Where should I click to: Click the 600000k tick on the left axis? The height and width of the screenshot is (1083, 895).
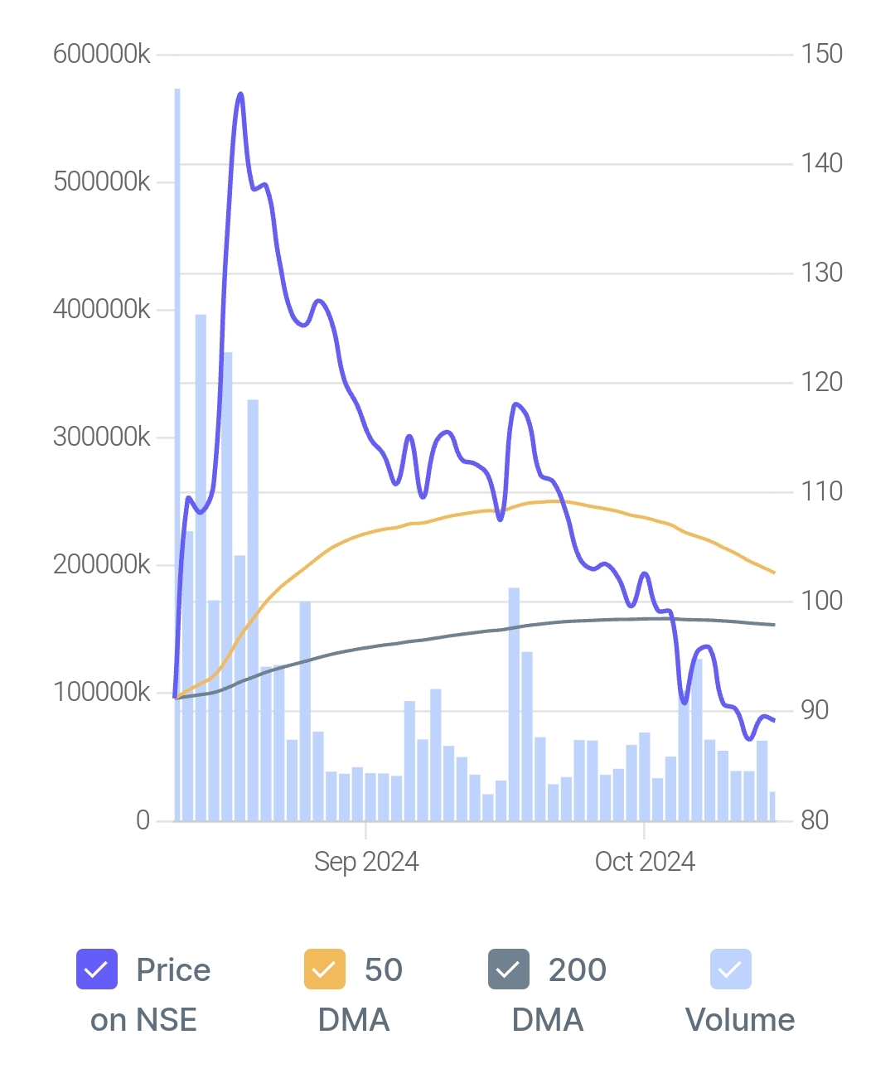pos(101,55)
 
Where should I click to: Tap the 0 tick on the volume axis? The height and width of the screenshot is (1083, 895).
pos(143,820)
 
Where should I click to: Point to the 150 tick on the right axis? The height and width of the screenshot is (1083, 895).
pos(821,55)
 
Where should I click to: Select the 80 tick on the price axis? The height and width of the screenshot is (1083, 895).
pos(815,820)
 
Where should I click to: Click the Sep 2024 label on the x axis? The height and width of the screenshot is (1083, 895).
pos(366,862)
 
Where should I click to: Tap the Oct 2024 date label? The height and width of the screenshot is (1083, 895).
pos(645,862)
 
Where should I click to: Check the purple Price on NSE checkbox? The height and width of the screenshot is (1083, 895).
pos(96,969)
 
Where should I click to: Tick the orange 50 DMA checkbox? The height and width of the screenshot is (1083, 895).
pos(324,969)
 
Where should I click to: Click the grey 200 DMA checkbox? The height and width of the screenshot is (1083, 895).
pos(508,969)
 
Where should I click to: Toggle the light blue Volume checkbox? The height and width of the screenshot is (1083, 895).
pos(730,969)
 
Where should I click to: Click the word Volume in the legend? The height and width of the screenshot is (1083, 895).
pos(740,1020)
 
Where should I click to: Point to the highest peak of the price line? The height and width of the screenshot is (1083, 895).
pos(240,94)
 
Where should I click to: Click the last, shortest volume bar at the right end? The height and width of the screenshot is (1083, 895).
pos(772,806)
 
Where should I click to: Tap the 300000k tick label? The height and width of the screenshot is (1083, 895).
pos(101,437)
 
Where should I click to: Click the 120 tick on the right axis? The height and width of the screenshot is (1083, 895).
pos(821,382)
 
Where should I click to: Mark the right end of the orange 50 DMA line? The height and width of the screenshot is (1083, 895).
pos(774,573)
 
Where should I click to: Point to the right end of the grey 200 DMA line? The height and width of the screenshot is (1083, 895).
pos(774,625)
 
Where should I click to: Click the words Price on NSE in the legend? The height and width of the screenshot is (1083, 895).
pos(149,994)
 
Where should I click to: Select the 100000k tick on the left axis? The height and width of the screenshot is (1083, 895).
pos(101,692)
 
